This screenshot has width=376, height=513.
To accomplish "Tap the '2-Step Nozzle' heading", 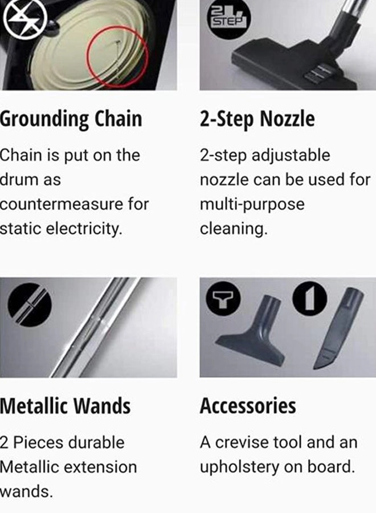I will (x=257, y=120).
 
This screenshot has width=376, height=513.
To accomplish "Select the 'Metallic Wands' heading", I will (x=65, y=406).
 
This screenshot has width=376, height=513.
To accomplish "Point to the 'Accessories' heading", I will (x=248, y=406).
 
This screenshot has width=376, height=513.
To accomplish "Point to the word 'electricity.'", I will (x=85, y=229).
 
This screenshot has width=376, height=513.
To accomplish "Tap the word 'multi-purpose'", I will (x=252, y=204).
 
